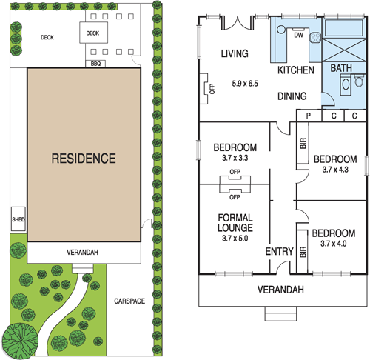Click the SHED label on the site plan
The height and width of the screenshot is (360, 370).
pyautogui.click(x=18, y=219)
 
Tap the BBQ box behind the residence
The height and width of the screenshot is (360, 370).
pyautogui.click(x=95, y=64)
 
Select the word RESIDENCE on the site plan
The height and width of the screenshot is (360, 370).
pyautogui.click(x=84, y=159)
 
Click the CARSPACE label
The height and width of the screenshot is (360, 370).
pyautogui.click(x=129, y=301)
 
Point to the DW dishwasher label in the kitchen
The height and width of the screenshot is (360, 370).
pyautogui.click(x=298, y=35)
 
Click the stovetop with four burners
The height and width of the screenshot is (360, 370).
pyautogui.click(x=315, y=38)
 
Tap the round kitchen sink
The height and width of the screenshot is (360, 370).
pyautogui.click(x=281, y=30)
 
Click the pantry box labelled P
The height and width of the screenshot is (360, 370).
pyautogui.click(x=309, y=116)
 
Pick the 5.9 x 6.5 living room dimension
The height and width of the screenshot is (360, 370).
pyautogui.click(x=245, y=84)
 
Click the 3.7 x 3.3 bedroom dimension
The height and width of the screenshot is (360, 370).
pyautogui.click(x=235, y=158)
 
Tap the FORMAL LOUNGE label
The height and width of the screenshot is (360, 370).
pyautogui.click(x=235, y=223)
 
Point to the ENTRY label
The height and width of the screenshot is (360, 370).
pyautogui.click(x=279, y=251)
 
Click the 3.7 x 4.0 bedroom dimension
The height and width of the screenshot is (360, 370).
pyautogui.click(x=334, y=244)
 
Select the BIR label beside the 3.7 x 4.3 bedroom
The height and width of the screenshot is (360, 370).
pyautogui.click(x=303, y=143)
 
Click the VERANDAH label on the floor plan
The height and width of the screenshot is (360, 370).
pyautogui.click(x=280, y=290)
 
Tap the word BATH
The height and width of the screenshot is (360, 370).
pyautogui.click(x=341, y=68)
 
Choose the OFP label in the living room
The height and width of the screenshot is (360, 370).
pyautogui.click(x=212, y=89)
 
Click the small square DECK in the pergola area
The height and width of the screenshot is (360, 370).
pyautogui.click(x=93, y=33)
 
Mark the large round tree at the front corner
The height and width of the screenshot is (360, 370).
pyautogui.click(x=20, y=341)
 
